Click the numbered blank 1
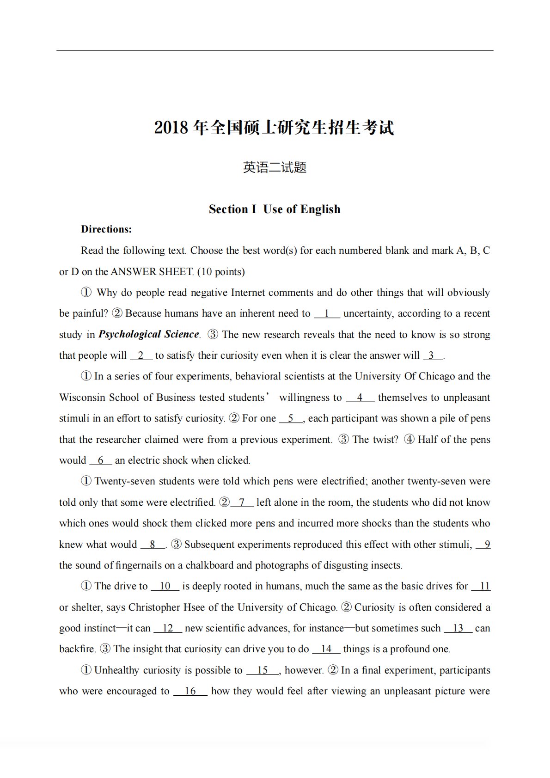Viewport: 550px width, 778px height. [327, 313]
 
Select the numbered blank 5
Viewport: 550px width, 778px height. [291, 418]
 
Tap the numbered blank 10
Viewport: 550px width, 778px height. [165, 586]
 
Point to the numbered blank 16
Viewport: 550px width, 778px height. [190, 691]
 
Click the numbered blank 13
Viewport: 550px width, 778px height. [458, 628]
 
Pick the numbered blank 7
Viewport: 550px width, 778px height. [242, 502]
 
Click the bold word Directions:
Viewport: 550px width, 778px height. [106, 229]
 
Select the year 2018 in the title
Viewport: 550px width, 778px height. [171, 128]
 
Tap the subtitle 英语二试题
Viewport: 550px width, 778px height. [275, 167]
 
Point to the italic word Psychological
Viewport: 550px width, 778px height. [129, 334]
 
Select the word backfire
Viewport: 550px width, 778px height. [77, 649]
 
